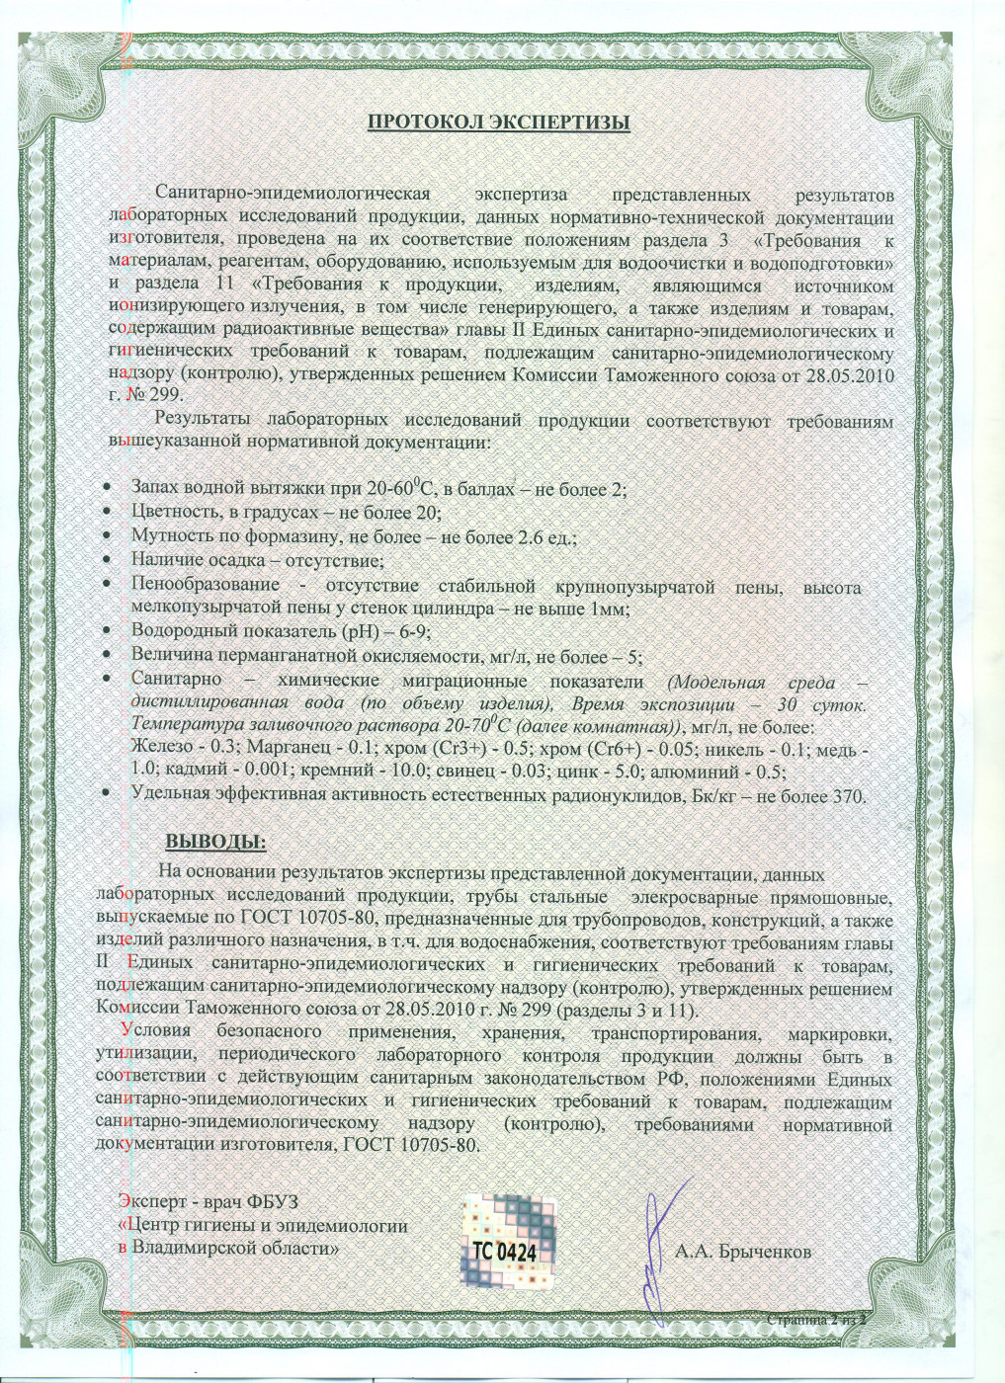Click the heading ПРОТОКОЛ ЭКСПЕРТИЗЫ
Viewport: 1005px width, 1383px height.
click(499, 122)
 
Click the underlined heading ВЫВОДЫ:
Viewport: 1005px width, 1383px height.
click(215, 842)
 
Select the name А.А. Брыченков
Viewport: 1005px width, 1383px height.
click(742, 1252)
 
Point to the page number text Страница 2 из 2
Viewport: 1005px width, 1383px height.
click(815, 1320)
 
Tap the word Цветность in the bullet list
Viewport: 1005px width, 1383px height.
click(171, 512)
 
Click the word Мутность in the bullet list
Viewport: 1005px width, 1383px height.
click(169, 536)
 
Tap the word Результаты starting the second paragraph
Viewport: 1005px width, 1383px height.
click(203, 421)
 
